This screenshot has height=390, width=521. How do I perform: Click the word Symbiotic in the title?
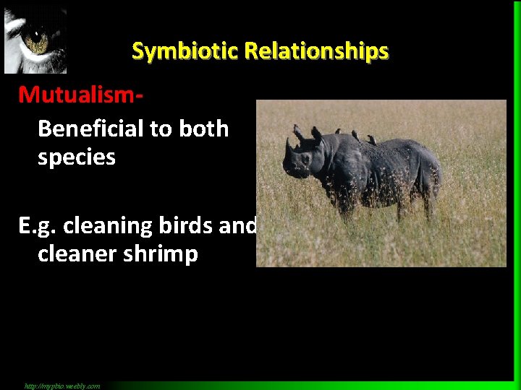pyautogui.click(x=185, y=51)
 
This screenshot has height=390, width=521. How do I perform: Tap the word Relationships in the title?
pyautogui.click(x=317, y=51)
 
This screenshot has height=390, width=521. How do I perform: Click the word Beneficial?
pyautogui.click(x=90, y=129)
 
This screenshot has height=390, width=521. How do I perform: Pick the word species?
pyautogui.click(x=76, y=157)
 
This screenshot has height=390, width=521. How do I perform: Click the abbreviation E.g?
pyautogui.click(x=38, y=226)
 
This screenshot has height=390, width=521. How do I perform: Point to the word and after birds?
pyautogui.click(x=241, y=226)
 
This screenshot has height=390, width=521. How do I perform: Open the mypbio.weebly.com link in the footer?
pyautogui.click(x=62, y=386)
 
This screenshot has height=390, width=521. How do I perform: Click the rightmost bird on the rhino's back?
pyautogui.click(x=372, y=139)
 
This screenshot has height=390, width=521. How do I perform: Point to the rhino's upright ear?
pyautogui.click(x=316, y=134)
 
